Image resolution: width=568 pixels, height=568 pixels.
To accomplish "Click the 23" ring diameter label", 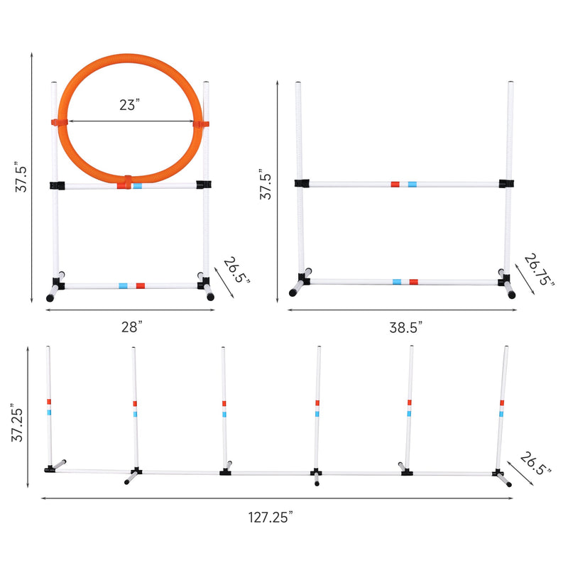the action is tap(129, 104).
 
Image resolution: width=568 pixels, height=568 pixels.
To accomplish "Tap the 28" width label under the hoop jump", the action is tap(131, 327).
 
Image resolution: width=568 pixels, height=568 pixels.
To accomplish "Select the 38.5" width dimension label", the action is tap(405, 327).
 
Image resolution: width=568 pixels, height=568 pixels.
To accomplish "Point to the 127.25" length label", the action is tap(271, 517).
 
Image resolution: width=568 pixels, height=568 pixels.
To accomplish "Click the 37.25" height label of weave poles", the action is tap(17, 422).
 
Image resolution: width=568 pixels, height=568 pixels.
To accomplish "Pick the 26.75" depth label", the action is tap(539, 270).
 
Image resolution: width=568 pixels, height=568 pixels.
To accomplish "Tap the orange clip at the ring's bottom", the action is tap(128, 182).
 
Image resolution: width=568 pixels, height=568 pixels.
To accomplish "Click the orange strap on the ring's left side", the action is tap(59, 122).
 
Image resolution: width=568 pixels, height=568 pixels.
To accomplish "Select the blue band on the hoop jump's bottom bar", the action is tap(123, 286).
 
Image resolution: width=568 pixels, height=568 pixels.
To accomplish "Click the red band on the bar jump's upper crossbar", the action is tap(395, 185).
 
